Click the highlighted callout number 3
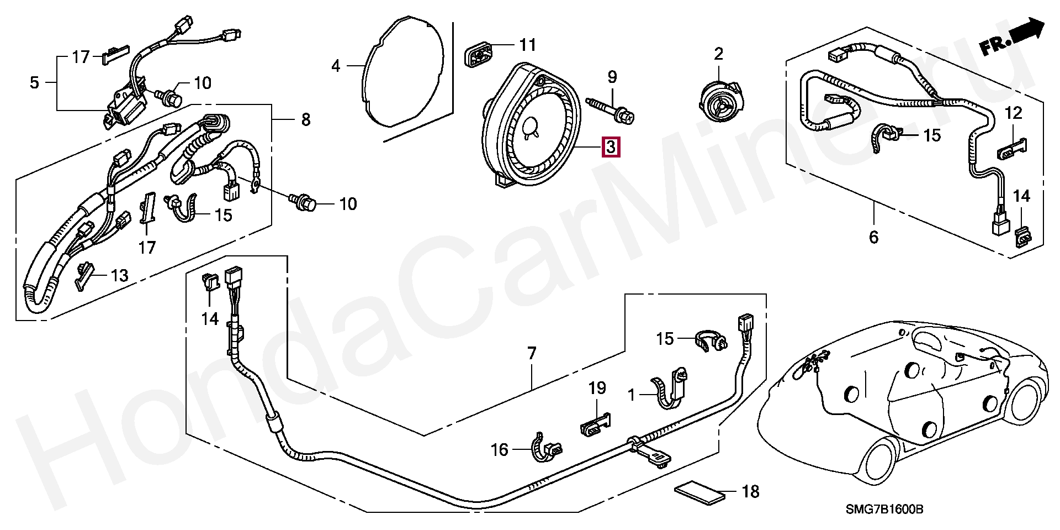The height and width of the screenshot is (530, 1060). [x=611, y=148]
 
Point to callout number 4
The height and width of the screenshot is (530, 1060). [x=336, y=66]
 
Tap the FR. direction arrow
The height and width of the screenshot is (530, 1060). [x=1013, y=39]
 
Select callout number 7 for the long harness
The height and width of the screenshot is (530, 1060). [x=531, y=353]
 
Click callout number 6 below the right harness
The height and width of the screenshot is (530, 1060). [x=873, y=237]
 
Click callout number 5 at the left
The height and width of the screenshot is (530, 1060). [x=34, y=83]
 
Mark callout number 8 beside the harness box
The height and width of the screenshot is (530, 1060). [x=306, y=119]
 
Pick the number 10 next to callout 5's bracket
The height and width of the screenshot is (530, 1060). [x=203, y=83]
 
